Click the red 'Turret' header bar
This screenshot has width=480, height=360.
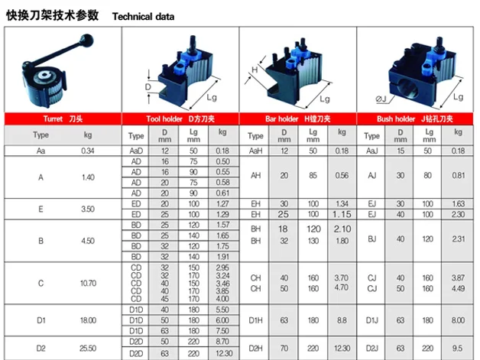[x=63, y=119]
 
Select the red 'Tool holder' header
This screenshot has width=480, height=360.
[x=181, y=119]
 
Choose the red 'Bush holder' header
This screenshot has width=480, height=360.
[x=416, y=119]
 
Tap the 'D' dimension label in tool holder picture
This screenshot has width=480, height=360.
[x=150, y=87]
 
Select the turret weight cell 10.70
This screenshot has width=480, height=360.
[x=87, y=283]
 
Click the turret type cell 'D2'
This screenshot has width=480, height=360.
[x=41, y=348]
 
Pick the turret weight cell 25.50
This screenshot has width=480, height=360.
[x=87, y=348]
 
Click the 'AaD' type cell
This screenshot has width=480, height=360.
[x=136, y=151]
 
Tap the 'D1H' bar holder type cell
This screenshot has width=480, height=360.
[x=257, y=320]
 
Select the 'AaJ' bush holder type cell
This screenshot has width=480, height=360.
[x=371, y=151]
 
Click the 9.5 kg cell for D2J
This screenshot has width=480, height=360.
[x=458, y=348]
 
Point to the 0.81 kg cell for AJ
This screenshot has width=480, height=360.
[x=458, y=177]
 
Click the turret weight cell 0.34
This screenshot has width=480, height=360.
[x=87, y=151]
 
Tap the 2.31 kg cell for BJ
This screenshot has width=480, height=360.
[x=458, y=240]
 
